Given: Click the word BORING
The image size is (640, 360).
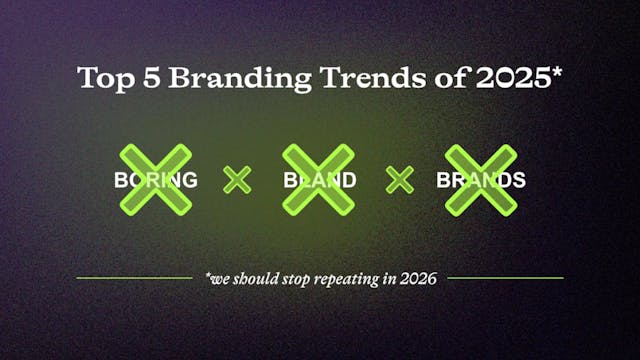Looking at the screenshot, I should click(155, 181).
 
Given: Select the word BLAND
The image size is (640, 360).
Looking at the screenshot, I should click(319, 181).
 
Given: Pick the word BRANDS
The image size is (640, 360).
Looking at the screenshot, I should click(481, 181).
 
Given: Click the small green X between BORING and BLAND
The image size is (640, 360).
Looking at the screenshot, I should click(237, 180).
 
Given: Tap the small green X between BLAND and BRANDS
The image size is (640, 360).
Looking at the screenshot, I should click(400, 180).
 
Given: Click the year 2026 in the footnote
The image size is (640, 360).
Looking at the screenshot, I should click(419, 278).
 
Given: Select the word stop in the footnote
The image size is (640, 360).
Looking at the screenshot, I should click(295, 278).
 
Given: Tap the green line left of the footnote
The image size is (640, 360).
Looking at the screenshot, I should click(134, 277).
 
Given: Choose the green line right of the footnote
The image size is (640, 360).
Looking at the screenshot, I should click(505, 277).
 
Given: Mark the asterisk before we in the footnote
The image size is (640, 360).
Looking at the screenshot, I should click(207, 275).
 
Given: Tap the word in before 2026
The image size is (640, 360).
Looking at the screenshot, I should click(393, 278).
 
